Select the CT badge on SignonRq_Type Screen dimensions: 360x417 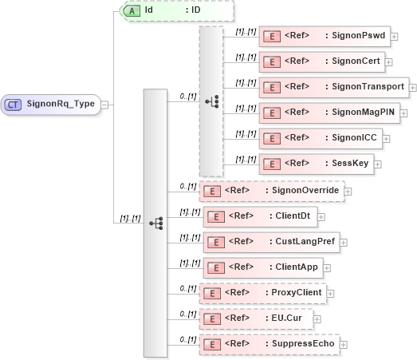tap(14, 104)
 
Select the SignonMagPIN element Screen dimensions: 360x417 tap(328, 112)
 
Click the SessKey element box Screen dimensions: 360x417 tap(316, 164)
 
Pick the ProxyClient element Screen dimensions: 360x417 tap(262, 293)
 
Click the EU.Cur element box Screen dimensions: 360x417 tap(256, 318)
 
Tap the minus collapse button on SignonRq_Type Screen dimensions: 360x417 tap(105, 104)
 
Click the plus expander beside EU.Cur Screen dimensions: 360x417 tap(317, 318)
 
